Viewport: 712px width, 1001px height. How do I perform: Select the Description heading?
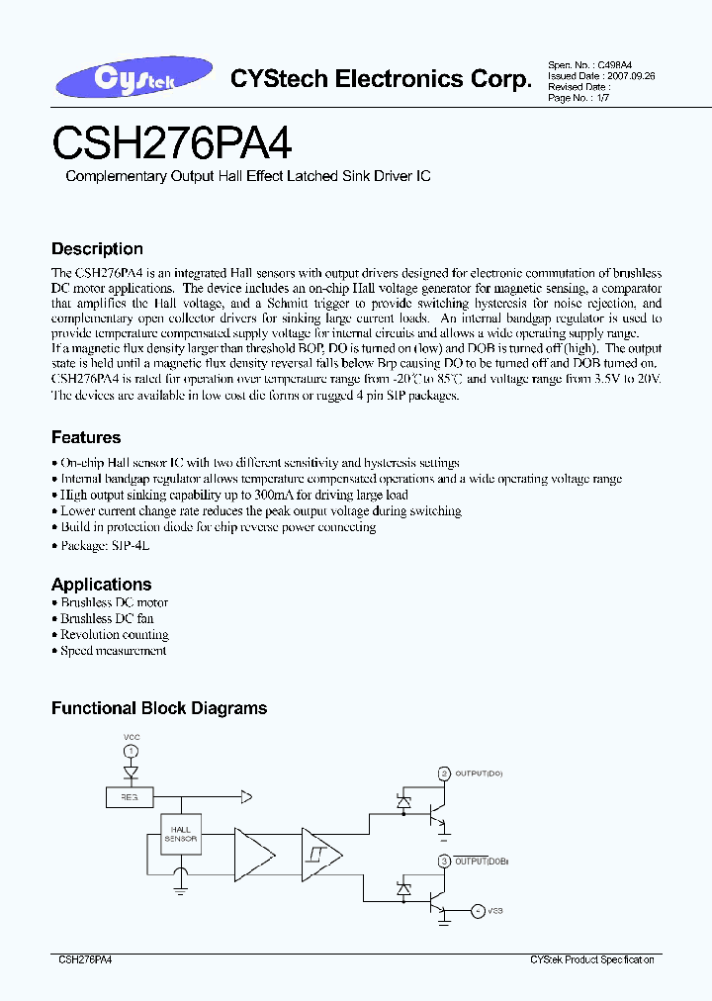97,249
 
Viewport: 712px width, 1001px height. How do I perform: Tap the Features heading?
86,437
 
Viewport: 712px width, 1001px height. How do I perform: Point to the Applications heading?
101,584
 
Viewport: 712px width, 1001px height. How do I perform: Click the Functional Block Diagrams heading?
159,708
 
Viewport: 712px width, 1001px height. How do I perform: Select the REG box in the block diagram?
129,795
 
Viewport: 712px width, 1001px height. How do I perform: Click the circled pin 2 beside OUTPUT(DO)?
444,773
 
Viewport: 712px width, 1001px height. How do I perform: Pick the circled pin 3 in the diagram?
444,862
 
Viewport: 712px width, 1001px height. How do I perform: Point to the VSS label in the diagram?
495,910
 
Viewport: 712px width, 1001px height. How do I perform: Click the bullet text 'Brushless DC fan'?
107,618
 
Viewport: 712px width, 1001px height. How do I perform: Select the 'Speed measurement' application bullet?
113,651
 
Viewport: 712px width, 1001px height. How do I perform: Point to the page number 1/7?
600,97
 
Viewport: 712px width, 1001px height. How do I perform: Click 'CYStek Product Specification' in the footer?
591,960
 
